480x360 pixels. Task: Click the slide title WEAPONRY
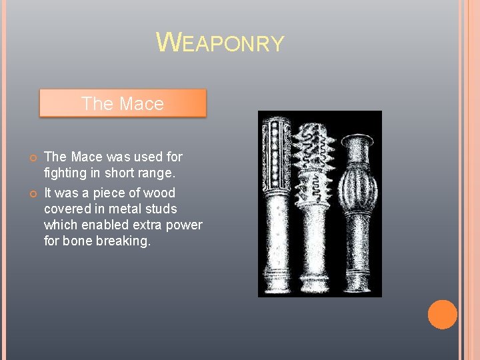click(x=220, y=43)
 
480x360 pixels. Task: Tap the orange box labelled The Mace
click(x=123, y=104)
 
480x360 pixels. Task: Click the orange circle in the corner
click(x=442, y=315)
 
